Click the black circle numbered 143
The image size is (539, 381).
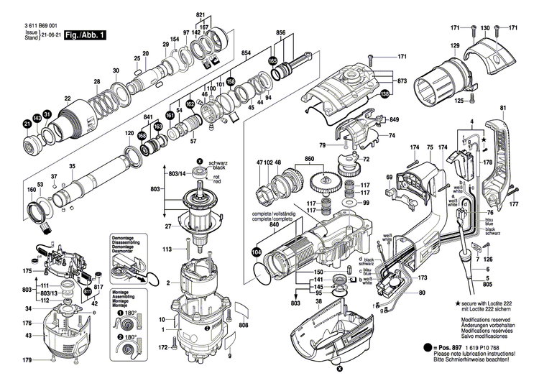pyautogui.click(x=37, y=117)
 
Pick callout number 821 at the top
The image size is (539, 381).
pyautogui.click(x=201, y=15)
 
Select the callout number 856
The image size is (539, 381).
pyautogui.click(x=281, y=33)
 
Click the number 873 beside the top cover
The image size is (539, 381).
pyautogui.click(x=402, y=82)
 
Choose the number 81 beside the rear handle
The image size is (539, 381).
pyautogui.click(x=503, y=109)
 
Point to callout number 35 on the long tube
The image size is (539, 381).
pyautogui.click(x=72, y=167)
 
